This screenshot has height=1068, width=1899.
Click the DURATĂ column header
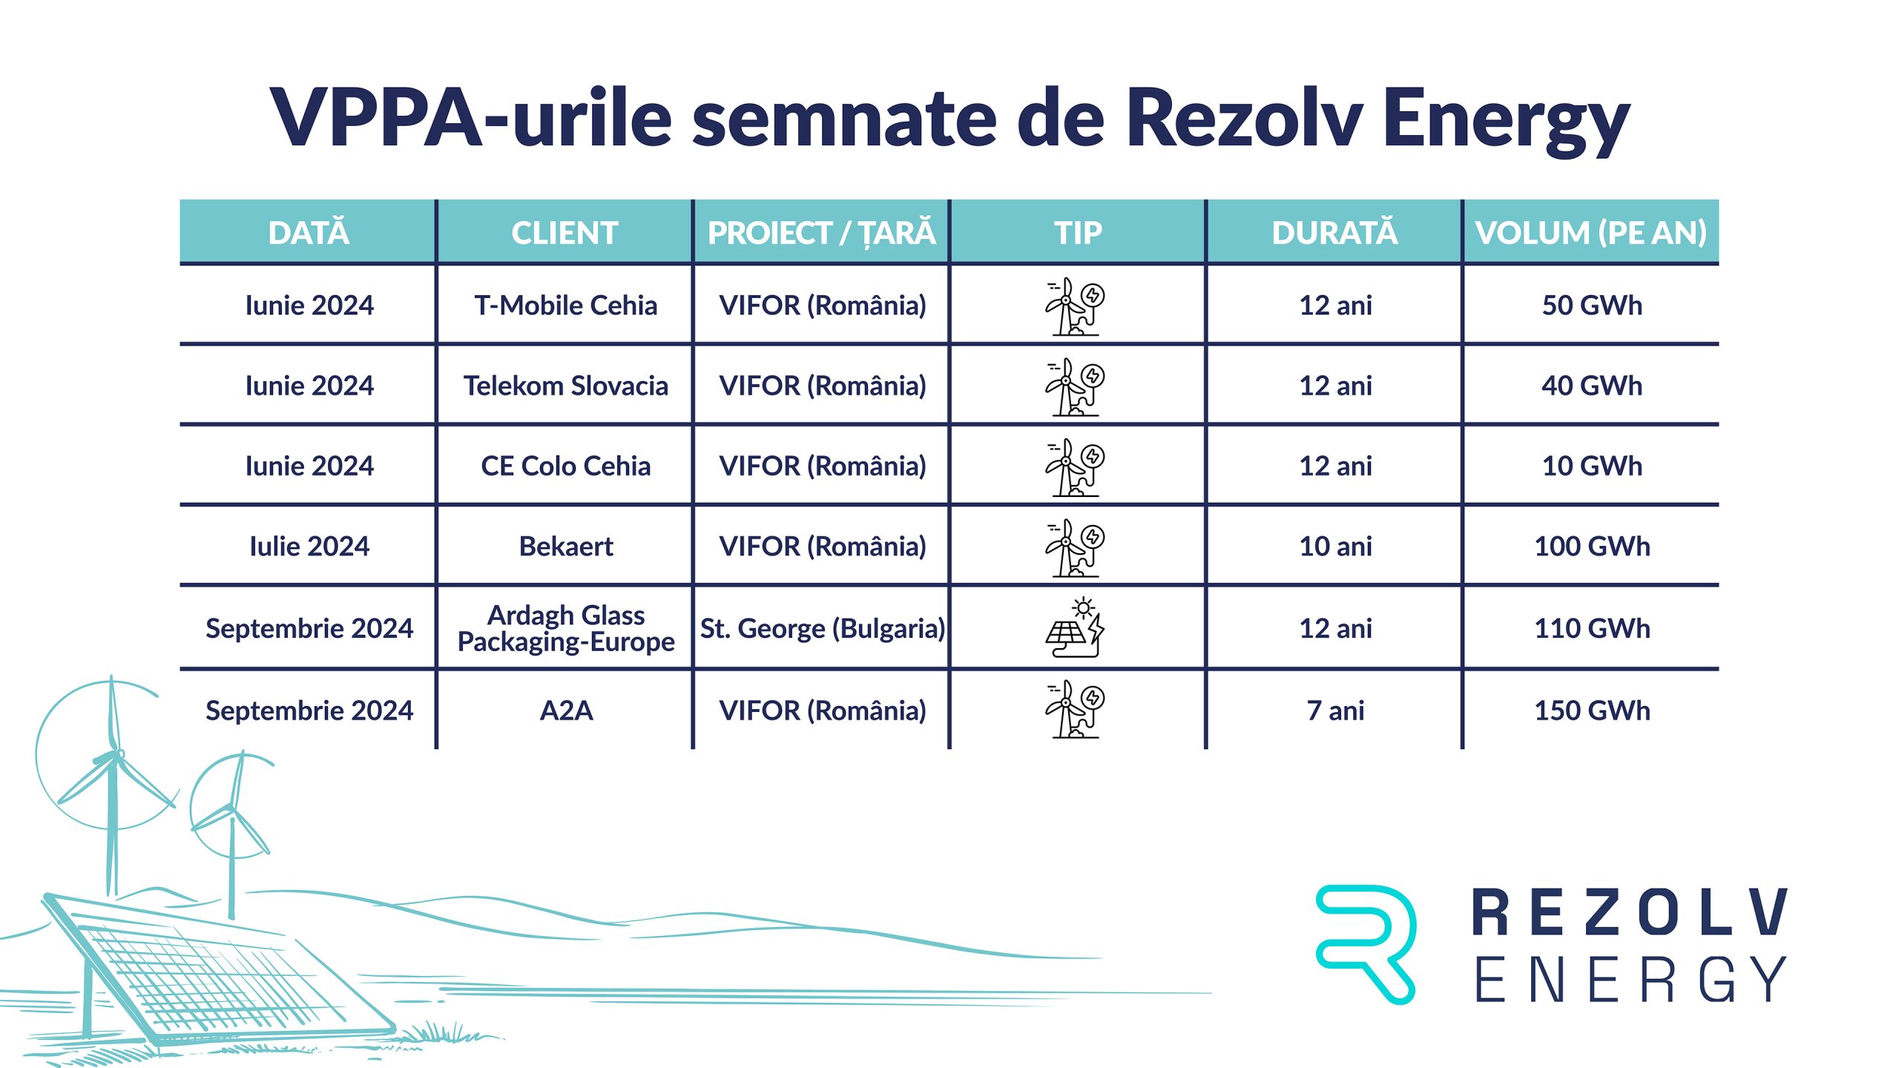1334,233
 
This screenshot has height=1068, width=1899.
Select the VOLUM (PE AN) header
1590,233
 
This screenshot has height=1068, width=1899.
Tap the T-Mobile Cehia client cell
565,306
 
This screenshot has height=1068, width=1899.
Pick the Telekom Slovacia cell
565,386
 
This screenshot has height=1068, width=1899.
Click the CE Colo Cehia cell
565,466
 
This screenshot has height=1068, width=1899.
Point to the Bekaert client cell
565,547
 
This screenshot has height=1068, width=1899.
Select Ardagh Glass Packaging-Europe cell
565,628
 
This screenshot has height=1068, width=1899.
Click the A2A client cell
565,711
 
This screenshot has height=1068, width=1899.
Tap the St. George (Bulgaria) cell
822,629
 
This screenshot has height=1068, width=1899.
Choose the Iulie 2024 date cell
309,547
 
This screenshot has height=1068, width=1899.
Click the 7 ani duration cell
1335,711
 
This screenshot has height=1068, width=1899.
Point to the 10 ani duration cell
1335,547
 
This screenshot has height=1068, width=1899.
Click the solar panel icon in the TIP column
1076,627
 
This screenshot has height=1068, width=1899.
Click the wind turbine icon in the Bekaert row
1075,548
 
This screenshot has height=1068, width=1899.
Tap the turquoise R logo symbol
1365,943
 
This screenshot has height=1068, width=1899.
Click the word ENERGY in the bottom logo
1630,979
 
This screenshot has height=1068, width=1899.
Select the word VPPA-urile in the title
471,117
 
